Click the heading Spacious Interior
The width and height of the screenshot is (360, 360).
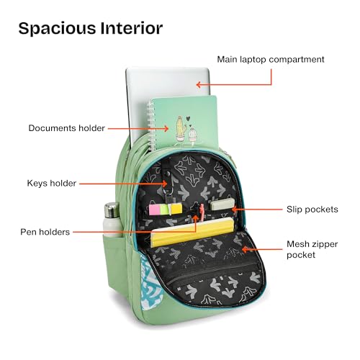tap(91, 29)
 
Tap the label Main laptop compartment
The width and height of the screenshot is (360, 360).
tap(271, 59)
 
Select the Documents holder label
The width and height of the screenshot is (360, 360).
tap(66, 128)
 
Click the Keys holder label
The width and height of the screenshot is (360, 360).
tap(51, 184)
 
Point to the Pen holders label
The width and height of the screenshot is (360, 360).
tap(45, 232)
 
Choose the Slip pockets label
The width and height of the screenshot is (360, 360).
tap(312, 210)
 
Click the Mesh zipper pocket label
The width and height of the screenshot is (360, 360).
tap(312, 249)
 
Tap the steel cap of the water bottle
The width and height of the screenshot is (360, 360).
tap(112, 210)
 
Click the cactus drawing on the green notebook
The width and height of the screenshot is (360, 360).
tap(181, 127)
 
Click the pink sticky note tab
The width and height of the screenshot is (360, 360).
tap(154, 210)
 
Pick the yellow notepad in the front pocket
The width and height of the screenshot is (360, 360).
tap(192, 233)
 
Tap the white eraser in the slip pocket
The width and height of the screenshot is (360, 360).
tap(222, 204)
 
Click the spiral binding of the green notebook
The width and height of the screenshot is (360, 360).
tap(150, 125)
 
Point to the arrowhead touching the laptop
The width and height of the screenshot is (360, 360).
tap(198, 84)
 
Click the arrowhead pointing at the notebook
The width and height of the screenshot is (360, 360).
tap(166, 128)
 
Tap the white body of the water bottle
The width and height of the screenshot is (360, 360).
tap(111, 227)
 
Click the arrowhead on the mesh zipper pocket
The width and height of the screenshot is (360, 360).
tap(244, 249)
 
